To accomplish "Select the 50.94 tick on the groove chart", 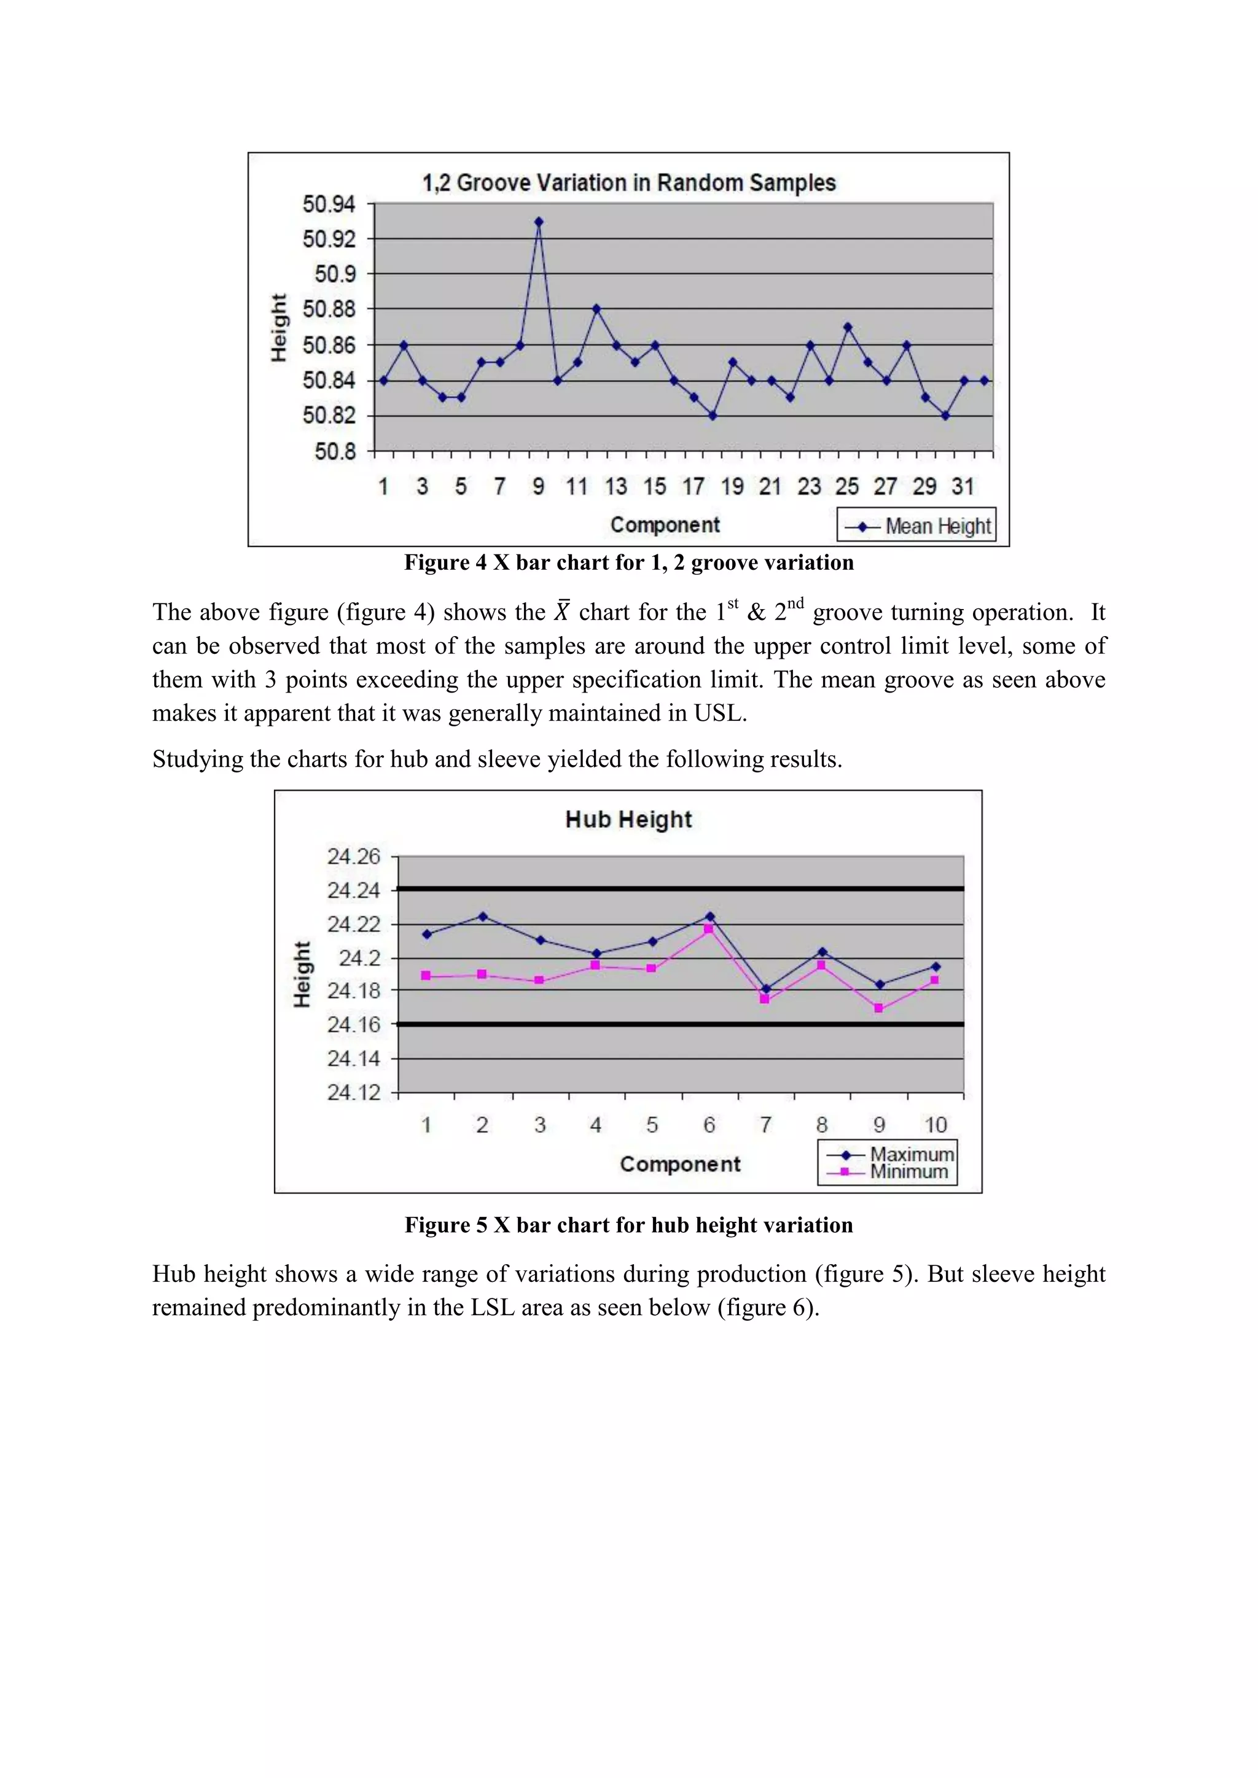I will click(x=329, y=204).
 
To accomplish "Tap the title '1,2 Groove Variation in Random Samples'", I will click(x=628, y=183).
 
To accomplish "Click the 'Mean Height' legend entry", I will click(x=917, y=526).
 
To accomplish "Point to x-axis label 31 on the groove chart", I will click(x=962, y=486).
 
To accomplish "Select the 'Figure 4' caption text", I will click(x=628, y=562).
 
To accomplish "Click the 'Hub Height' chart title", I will click(x=628, y=819).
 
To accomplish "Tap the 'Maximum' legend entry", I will click(x=911, y=1154).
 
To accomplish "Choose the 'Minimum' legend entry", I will click(x=908, y=1171).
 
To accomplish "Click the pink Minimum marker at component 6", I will click(x=708, y=928).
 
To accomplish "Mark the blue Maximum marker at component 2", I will click(x=483, y=916).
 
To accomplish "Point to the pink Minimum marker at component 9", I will click(x=878, y=1008).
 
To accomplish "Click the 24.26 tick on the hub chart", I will click(x=353, y=856).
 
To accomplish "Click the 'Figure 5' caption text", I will click(x=628, y=1225).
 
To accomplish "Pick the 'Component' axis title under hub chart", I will click(x=679, y=1164).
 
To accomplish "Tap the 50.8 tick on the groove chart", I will click(x=335, y=451).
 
